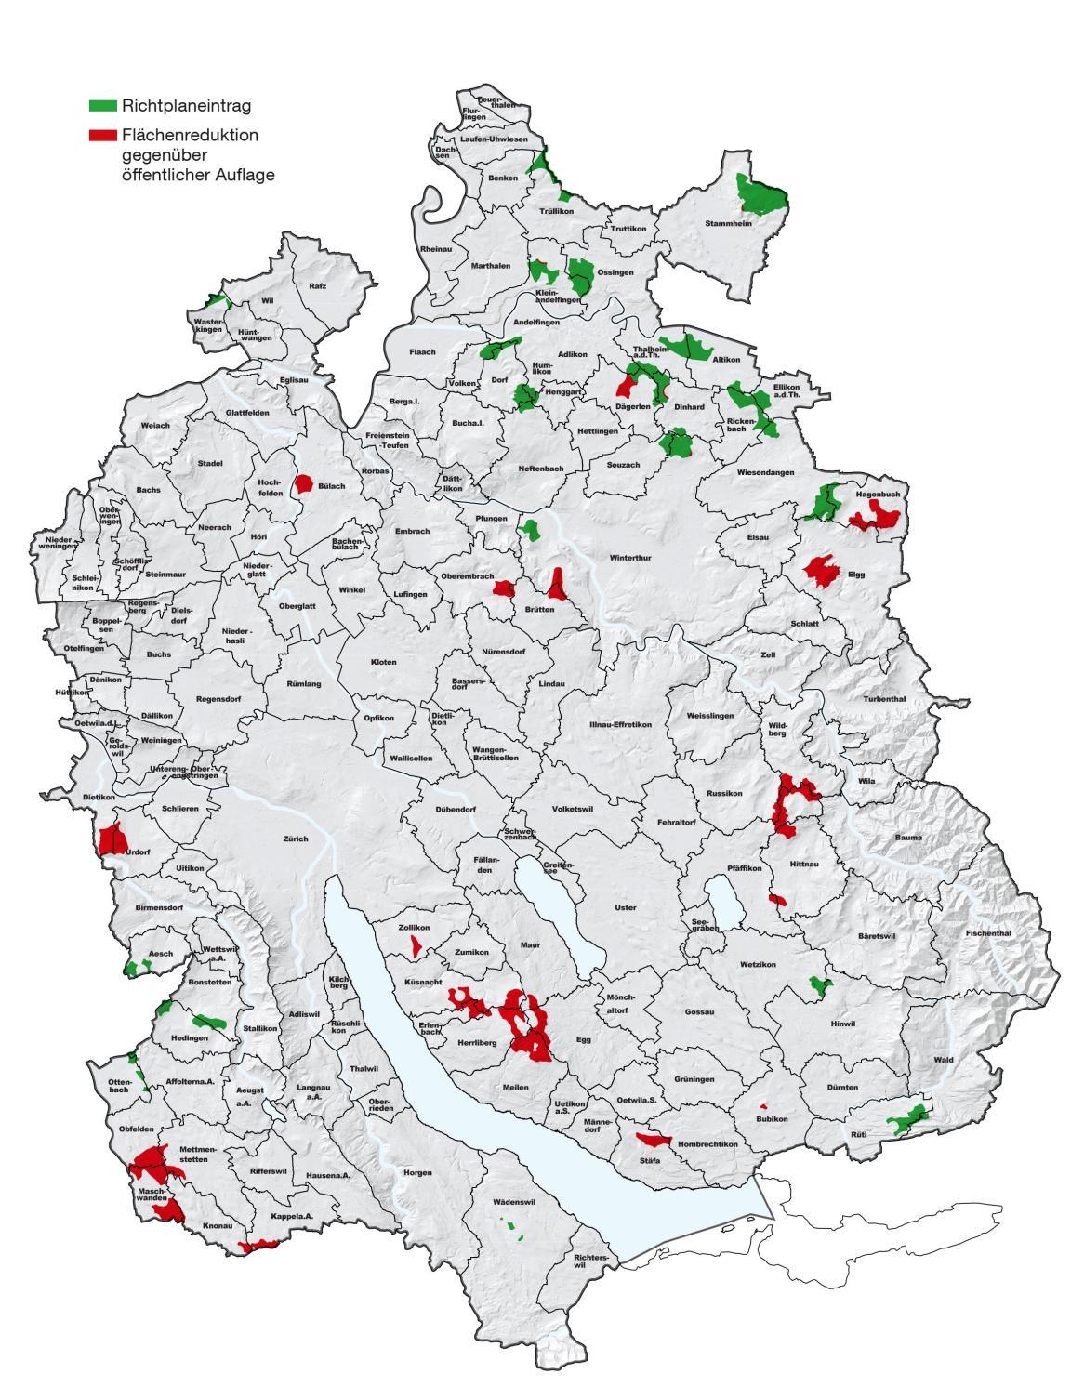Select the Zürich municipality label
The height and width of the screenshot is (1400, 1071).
pos(295,839)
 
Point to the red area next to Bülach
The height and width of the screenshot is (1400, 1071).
pos(303,483)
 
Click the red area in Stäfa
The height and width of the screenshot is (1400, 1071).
pos(653,1140)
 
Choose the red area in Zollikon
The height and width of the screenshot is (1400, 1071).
pos(415,946)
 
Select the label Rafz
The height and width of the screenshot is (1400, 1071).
pos(317,286)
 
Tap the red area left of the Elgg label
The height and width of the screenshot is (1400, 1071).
pos(820,569)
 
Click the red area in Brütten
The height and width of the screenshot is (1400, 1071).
pos(557,586)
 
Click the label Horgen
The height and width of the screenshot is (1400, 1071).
pos(417,1172)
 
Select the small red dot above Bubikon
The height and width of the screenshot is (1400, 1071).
pos(763,1106)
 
